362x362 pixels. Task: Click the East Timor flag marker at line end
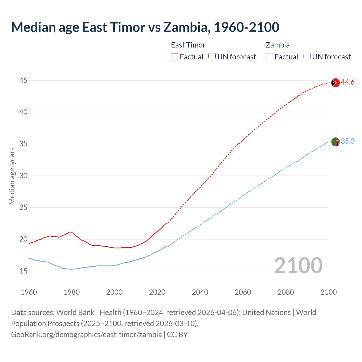[335, 83]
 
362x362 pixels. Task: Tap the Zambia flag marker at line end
[335, 142]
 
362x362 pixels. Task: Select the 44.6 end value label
[348, 82]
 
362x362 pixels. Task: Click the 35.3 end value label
[348, 141]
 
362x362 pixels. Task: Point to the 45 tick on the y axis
[23, 81]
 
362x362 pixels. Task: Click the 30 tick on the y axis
[23, 176]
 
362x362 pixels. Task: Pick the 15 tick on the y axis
[23, 271]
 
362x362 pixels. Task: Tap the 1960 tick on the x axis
[29, 292]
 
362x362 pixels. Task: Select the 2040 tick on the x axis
[200, 292]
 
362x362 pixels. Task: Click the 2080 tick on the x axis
[286, 292]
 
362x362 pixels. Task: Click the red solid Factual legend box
[174, 57]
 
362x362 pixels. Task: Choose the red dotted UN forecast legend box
[212, 57]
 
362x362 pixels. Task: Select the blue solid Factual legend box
[270, 57]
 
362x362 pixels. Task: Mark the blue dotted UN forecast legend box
[307, 57]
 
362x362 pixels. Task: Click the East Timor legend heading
[188, 45]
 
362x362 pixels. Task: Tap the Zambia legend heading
[277, 45]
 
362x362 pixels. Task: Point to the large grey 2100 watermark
[298, 265]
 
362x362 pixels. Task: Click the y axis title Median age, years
[12, 176]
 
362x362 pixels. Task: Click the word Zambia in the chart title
[187, 27]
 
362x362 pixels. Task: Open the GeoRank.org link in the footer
[86, 335]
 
